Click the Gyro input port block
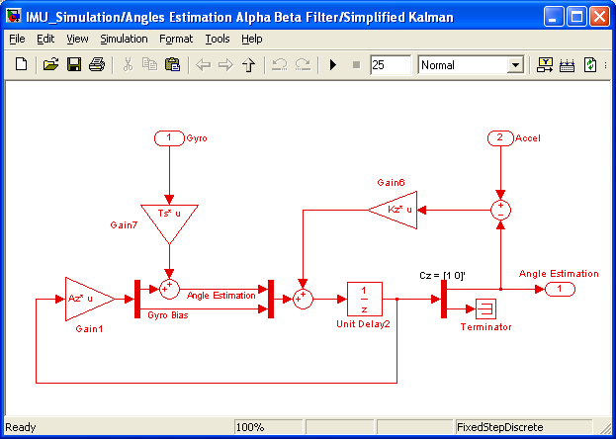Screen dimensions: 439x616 [169, 137]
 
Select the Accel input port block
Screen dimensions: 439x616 [500, 137]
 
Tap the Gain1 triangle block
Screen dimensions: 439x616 [90, 298]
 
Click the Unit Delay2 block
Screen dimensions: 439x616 [365, 298]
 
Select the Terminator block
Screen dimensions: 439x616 [490, 307]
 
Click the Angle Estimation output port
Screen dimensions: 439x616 [559, 288]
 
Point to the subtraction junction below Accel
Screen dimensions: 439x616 [500, 210]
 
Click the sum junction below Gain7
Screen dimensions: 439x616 [169, 288]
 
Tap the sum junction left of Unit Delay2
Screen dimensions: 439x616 [303, 298]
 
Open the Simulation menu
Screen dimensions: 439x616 [124, 39]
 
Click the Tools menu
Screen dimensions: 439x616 [217, 39]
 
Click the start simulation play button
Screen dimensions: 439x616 [333, 65]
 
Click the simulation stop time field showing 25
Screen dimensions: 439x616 [390, 65]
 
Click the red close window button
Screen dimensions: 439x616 [600, 16]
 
